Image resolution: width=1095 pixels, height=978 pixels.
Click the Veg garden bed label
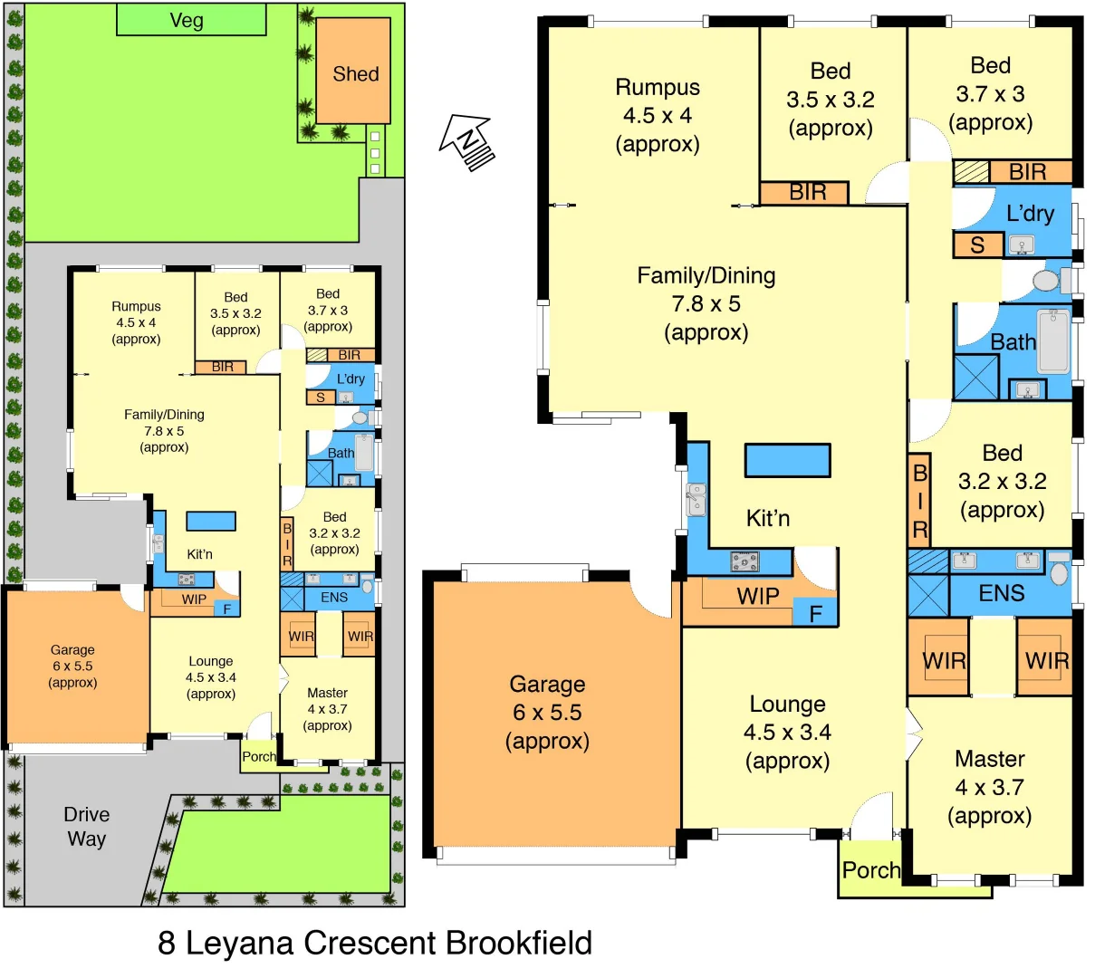point(187,21)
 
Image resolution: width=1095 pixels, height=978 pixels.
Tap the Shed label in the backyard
point(355,74)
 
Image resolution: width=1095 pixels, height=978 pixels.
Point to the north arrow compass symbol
point(467,142)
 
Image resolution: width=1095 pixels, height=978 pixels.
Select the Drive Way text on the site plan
point(86,827)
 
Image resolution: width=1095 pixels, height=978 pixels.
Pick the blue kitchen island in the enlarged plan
point(787,460)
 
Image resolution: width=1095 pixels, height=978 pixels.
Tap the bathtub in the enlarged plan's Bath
point(1053,341)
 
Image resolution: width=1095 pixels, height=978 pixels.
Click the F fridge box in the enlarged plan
point(815,614)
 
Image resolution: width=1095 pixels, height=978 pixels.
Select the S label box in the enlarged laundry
point(977,245)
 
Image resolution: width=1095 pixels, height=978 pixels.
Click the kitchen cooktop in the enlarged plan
point(744,562)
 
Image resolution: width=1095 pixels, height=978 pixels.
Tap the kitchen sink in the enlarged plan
point(696,500)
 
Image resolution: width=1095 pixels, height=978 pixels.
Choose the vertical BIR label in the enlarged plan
point(919,501)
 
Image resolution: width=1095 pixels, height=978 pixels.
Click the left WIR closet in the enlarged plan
point(943,661)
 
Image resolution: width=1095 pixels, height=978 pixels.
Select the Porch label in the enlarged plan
point(870,870)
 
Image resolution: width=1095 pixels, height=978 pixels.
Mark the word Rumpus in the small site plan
point(136,306)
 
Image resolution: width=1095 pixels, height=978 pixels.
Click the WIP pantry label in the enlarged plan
point(757,596)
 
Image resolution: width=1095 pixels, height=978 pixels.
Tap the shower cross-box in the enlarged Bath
point(975,378)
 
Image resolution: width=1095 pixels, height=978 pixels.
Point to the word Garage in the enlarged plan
point(547,685)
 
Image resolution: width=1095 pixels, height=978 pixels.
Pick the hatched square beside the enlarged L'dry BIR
point(970,172)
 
